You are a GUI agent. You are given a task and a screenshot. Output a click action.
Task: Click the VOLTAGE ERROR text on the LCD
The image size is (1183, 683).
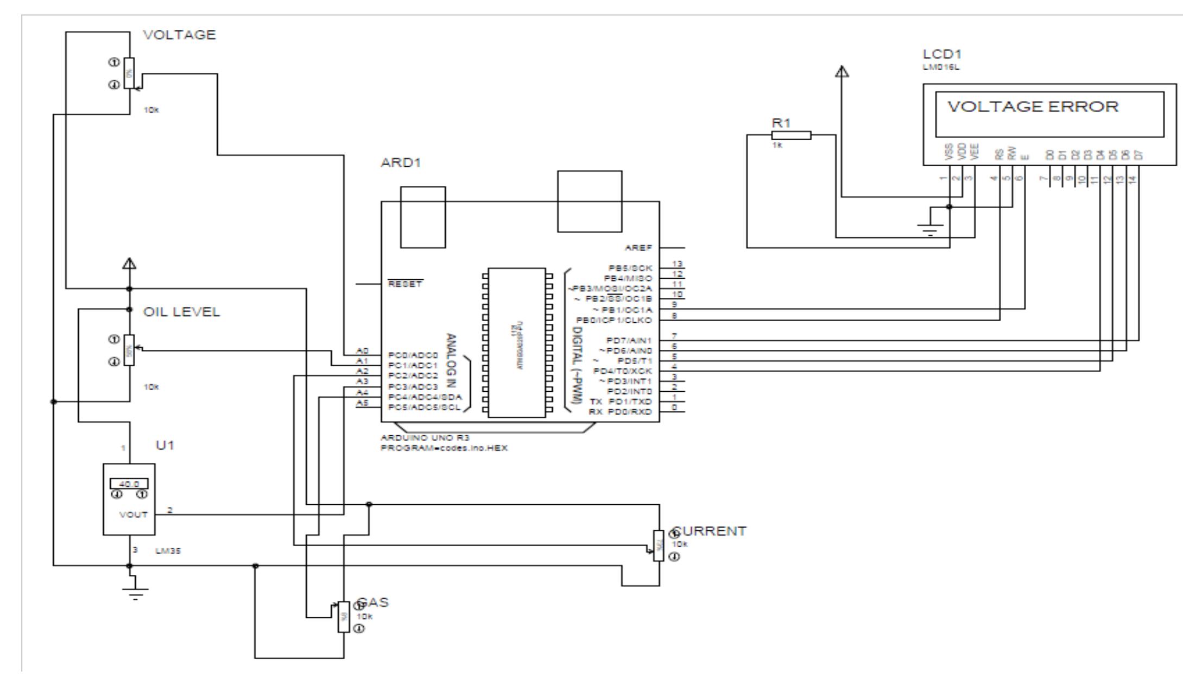coord(1033,106)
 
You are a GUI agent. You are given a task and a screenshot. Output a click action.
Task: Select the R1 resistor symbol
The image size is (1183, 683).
coord(791,135)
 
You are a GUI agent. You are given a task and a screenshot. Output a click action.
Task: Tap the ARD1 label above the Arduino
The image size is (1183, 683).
coord(401,163)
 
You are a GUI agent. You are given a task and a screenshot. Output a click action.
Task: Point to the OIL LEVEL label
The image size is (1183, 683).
coord(181,312)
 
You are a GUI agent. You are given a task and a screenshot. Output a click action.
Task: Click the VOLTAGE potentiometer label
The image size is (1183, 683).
coord(179,35)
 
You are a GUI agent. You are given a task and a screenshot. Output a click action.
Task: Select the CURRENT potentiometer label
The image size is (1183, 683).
coord(711,531)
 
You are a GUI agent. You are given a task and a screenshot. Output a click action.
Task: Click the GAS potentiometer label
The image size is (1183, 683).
coord(375,603)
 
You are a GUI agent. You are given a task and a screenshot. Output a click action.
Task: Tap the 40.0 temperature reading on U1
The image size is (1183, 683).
coord(129,484)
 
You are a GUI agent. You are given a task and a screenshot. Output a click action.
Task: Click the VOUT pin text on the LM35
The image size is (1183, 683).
coord(134,515)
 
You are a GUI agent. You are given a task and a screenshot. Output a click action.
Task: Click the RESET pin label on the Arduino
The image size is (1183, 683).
coord(405,284)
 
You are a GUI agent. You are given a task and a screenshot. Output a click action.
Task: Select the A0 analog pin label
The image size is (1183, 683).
coord(362,351)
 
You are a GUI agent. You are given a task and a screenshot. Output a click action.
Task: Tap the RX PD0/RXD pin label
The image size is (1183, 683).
coord(621,412)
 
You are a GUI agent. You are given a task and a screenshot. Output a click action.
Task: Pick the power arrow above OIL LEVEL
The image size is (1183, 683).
coord(129,265)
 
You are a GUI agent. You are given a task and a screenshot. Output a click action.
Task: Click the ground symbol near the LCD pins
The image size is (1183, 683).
coord(931,230)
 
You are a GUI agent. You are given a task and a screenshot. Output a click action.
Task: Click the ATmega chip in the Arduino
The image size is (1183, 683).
coord(516,342)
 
